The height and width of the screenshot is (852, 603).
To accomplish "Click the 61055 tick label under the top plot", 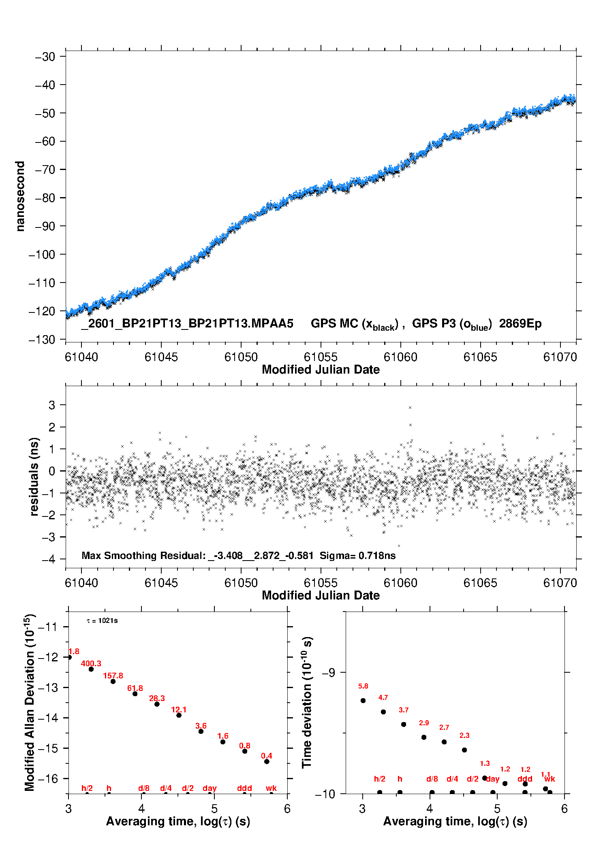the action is (321, 357).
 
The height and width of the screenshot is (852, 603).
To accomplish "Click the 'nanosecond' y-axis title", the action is (20, 196).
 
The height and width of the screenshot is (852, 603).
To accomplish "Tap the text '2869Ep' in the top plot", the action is (520, 324).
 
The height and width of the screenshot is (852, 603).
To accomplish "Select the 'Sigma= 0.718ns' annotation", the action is (357, 555).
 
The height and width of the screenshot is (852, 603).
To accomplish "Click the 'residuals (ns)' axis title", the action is (34, 476).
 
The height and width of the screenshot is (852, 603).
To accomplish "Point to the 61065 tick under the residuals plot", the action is (480, 583).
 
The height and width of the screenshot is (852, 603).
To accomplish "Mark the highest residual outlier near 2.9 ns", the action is (410, 408).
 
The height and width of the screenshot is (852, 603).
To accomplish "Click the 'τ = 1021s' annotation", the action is (102, 620).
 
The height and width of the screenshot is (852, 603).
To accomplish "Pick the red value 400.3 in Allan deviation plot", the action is (91, 663).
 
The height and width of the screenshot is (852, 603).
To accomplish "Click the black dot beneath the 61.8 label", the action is (135, 694).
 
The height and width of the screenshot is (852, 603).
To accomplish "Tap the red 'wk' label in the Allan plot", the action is (271, 788).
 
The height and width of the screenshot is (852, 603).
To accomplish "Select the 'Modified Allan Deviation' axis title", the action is (30, 702).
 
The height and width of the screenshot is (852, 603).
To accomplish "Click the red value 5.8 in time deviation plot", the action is (363, 686).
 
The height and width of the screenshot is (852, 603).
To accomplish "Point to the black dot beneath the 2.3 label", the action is (464, 750).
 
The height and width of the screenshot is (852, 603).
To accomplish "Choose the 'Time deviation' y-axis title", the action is (307, 702).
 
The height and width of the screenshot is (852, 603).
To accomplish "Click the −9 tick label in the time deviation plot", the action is (328, 672).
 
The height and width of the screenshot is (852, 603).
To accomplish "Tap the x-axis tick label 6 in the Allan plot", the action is (287, 808).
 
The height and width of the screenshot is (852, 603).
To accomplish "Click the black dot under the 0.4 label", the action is (267, 761).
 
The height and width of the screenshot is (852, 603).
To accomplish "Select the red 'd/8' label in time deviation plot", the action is (432, 779).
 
